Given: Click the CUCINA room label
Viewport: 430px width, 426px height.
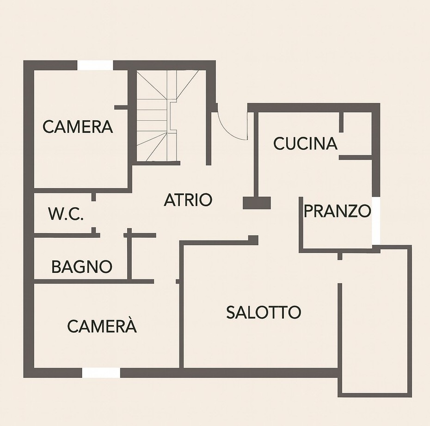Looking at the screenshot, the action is click(x=305, y=143).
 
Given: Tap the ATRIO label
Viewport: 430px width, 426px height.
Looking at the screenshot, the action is click(x=188, y=200).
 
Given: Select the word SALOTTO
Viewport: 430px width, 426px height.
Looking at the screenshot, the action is click(x=264, y=312).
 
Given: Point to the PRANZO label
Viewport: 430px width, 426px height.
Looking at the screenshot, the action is click(x=338, y=211).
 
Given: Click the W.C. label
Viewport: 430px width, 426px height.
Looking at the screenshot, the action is click(x=66, y=214).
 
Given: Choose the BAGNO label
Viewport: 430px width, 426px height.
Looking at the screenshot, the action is click(x=82, y=266).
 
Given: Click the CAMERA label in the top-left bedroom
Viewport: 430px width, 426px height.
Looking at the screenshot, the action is click(x=78, y=126).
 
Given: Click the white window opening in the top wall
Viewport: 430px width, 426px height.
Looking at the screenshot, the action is click(x=95, y=65).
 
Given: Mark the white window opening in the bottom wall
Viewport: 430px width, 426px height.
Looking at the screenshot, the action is click(x=101, y=373).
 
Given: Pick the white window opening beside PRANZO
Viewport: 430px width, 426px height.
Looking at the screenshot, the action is click(x=376, y=221).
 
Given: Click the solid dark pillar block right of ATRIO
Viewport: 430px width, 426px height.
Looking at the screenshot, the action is click(x=257, y=203).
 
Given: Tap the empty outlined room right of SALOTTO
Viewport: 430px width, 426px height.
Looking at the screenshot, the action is click(x=375, y=321).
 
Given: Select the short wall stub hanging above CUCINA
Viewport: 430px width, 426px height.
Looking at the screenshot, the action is click(x=341, y=122).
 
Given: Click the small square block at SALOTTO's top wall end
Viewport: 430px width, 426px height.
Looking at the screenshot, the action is click(x=253, y=240).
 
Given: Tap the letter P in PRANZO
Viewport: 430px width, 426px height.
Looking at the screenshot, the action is click(x=308, y=211).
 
